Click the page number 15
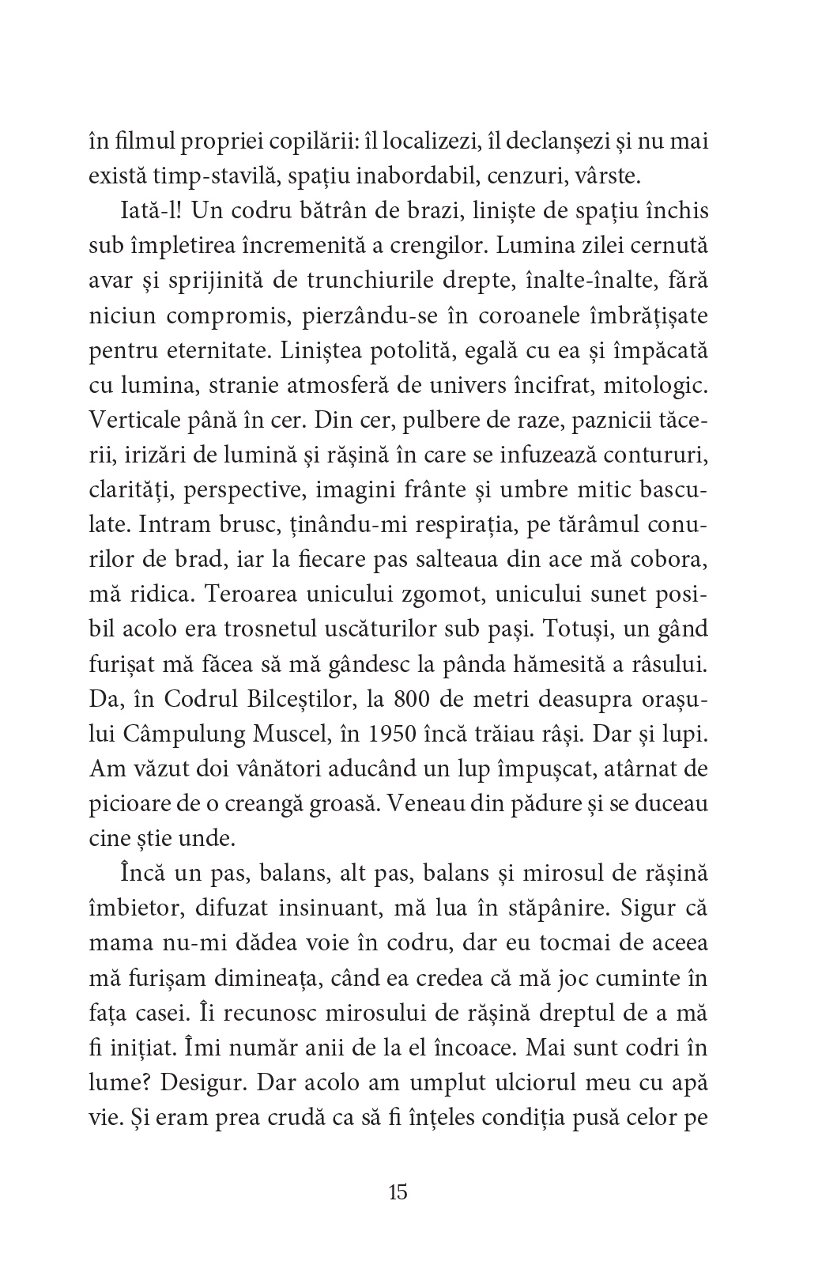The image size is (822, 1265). [398, 1192]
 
